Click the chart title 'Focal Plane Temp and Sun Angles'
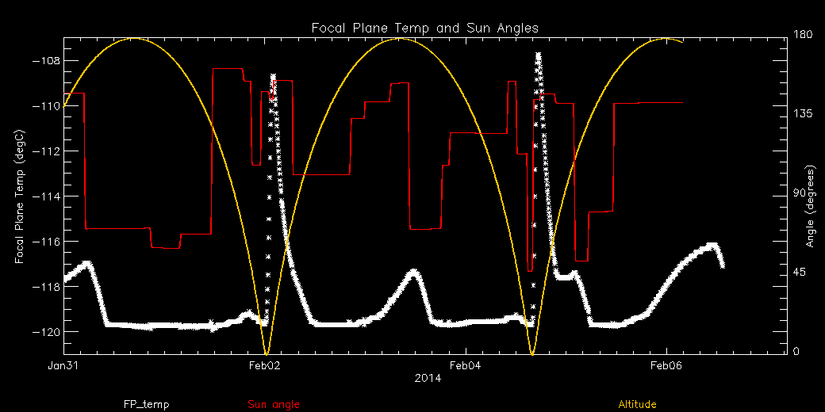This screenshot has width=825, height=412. tap(424, 28)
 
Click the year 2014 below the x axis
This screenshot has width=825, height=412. tap(426, 379)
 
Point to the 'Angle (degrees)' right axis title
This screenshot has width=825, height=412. tap(811, 206)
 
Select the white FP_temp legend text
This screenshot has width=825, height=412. tap(146, 404)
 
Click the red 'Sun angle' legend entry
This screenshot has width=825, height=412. tap(274, 404)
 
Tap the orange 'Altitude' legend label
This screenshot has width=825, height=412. tap(637, 404)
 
